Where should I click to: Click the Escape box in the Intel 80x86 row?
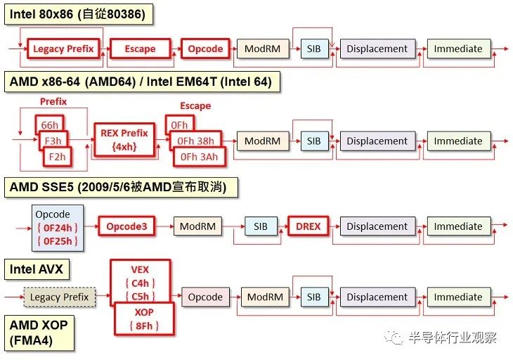[x=141, y=49]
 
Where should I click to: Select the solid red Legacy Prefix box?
[x=63, y=49]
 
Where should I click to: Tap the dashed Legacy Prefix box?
[x=60, y=297]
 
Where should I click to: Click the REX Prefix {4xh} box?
[x=124, y=140]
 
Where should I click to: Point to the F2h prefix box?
[x=57, y=157]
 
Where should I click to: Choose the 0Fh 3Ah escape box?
[x=200, y=157]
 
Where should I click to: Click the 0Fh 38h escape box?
[x=195, y=141]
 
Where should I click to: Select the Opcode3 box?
[x=126, y=226]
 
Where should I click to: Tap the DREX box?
[x=309, y=226]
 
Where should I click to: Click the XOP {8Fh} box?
[x=144, y=319]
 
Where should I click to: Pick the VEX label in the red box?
[x=140, y=270]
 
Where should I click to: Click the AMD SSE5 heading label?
[x=121, y=187]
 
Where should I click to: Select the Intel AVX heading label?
[x=37, y=269]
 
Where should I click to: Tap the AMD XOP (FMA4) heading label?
[x=39, y=333]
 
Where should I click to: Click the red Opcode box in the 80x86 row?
[x=205, y=49]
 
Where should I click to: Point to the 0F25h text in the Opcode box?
[x=58, y=241]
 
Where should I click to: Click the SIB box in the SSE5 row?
[x=261, y=226]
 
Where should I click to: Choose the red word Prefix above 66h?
[x=53, y=102]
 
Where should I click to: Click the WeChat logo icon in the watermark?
[x=394, y=337]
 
